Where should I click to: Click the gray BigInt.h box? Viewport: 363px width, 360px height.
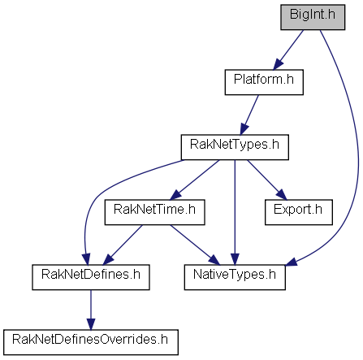313,17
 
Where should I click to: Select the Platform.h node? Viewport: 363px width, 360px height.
264,82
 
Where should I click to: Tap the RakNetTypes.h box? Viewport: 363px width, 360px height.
235,147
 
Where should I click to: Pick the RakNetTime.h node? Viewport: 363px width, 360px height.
154,212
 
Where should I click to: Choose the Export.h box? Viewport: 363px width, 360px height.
299,212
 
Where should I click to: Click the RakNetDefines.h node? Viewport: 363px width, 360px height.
91,277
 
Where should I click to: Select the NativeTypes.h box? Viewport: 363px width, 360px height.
235,277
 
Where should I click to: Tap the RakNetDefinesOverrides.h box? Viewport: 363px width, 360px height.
91,342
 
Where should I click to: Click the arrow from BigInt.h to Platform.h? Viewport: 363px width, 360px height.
288,50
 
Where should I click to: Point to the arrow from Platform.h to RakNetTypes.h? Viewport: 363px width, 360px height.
249,115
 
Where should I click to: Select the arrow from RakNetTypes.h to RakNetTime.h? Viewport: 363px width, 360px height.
194,180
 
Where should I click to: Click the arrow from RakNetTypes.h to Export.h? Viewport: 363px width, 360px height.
266,180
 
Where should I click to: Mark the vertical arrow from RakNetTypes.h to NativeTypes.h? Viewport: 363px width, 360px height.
235,212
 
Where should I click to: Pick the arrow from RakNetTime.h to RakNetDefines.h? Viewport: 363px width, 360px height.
123,245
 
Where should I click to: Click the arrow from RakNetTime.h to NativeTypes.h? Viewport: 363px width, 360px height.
195,245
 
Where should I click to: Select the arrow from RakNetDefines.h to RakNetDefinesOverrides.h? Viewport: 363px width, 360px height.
91,310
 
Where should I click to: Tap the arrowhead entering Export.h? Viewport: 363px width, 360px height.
282,195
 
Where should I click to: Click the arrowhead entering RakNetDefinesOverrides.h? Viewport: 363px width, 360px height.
91,324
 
